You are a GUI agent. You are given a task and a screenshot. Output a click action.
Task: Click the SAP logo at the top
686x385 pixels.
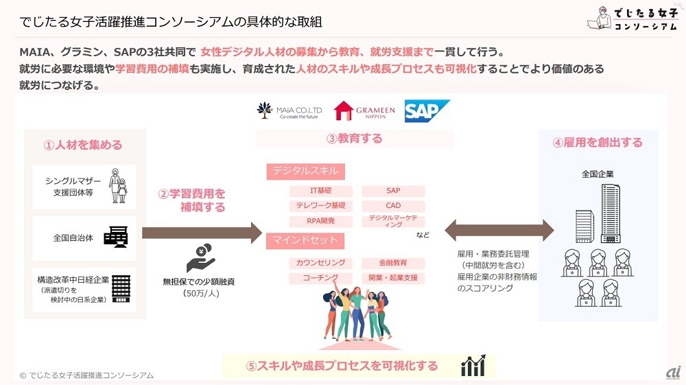click(x=427, y=111)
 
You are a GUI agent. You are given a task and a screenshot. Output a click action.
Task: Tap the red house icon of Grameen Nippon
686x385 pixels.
click(x=344, y=110)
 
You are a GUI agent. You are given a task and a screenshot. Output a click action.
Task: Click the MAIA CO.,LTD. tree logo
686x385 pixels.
click(x=264, y=110)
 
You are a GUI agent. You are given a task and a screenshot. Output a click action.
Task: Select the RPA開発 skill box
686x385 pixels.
click(x=320, y=221)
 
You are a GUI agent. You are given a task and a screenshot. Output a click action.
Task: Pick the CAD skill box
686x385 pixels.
click(x=393, y=206)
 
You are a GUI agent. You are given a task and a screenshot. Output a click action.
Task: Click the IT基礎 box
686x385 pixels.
click(x=320, y=191)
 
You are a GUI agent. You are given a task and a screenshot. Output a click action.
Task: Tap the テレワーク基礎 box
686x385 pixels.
click(x=320, y=206)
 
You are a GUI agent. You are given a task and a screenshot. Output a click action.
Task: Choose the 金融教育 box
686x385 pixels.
click(x=393, y=263)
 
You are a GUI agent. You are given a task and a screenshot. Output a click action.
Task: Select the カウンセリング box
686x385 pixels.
click(x=320, y=263)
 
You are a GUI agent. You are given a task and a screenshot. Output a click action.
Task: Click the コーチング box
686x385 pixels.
click(x=320, y=278)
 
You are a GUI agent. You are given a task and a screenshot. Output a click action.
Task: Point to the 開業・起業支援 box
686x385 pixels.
click(x=393, y=278)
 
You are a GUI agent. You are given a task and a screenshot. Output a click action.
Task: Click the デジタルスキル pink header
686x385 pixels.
click(x=305, y=171)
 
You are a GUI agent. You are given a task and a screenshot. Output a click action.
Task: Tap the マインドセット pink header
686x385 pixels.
click(x=305, y=240)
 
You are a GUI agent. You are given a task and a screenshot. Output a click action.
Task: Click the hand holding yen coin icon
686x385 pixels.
click(x=200, y=258)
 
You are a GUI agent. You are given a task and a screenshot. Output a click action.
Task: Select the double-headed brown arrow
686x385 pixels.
click(x=499, y=230)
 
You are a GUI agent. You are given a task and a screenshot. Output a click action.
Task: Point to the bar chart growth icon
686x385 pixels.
click(x=473, y=365)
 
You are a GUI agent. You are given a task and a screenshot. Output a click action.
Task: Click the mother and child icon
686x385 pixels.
click(x=118, y=186)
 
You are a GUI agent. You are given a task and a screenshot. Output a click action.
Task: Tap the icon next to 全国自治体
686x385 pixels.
click(x=116, y=237)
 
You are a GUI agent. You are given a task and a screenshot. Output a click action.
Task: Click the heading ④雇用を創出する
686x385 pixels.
click(x=598, y=143)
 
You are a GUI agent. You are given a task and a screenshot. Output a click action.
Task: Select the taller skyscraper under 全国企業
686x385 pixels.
click(x=611, y=213)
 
